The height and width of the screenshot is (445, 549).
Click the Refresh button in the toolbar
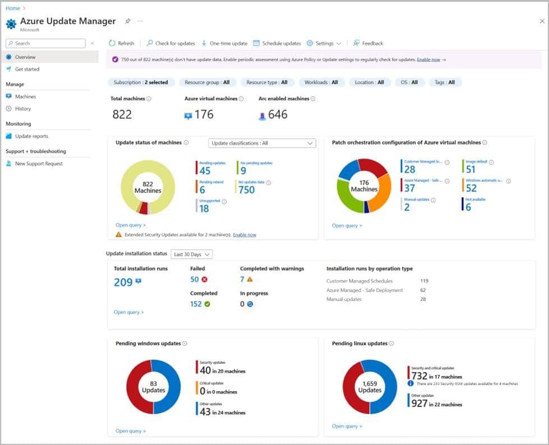(121, 43)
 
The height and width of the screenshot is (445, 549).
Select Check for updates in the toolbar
(171, 43)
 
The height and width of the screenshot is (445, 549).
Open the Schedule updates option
(277, 43)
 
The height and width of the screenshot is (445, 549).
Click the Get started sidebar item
(27, 69)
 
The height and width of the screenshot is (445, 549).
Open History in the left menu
(23, 108)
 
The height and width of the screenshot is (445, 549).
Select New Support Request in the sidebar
(39, 163)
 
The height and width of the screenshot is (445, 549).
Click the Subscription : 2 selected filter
(141, 82)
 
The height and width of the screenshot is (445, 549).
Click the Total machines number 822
(122, 114)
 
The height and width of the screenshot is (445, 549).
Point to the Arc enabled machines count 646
(277, 114)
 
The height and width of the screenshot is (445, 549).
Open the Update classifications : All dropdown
(262, 143)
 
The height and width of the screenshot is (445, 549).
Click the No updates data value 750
(246, 190)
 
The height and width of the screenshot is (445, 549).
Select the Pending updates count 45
(205, 171)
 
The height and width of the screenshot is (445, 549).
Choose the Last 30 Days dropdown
(191, 254)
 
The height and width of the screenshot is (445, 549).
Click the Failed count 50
(195, 279)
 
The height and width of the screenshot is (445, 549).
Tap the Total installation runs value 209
(123, 282)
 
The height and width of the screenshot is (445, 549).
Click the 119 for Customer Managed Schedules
(424, 281)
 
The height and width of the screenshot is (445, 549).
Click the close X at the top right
(542, 21)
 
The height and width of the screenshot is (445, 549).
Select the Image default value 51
(470, 169)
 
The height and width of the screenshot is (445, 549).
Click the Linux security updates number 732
(419, 376)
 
